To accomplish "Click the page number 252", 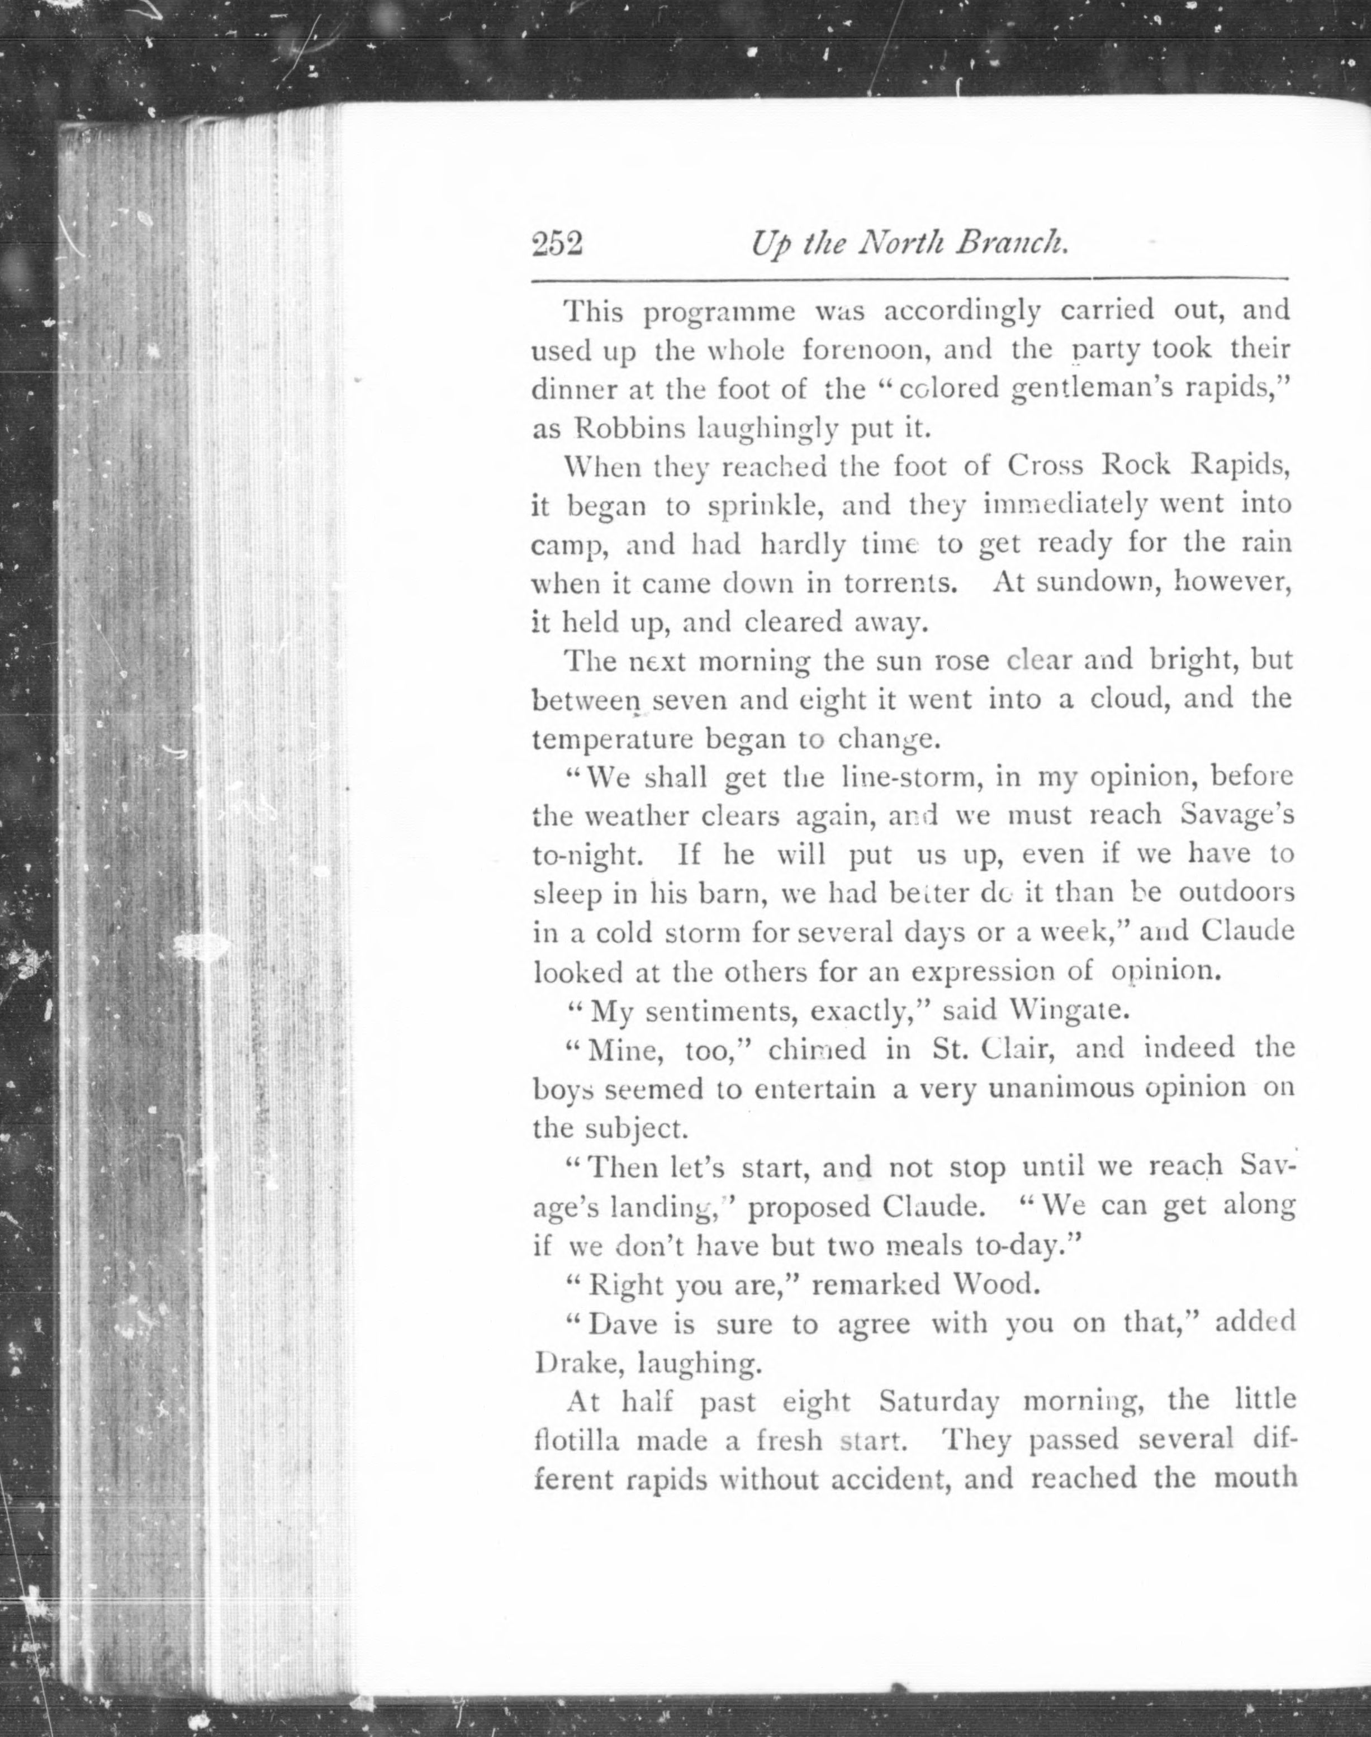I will point(556,243).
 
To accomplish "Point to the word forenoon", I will point(872,350).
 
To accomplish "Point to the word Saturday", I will point(939,1402).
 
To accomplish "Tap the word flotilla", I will point(576,1441).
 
